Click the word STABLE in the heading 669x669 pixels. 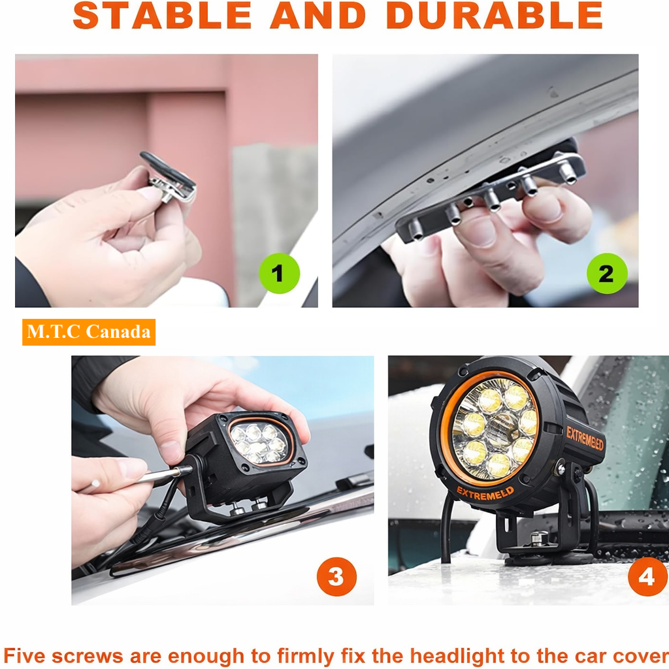tap(163, 16)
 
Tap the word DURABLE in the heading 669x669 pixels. tap(495, 16)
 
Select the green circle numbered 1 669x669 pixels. tap(280, 273)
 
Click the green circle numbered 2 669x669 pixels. tap(607, 273)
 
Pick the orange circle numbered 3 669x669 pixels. tap(336, 576)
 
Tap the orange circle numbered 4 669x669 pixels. tap(647, 576)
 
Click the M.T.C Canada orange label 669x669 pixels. tap(89, 332)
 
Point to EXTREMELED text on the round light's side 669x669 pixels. tap(585, 438)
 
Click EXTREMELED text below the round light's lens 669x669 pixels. tap(485, 493)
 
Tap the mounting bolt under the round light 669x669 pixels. tap(537, 539)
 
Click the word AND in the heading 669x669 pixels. tap(318, 16)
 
